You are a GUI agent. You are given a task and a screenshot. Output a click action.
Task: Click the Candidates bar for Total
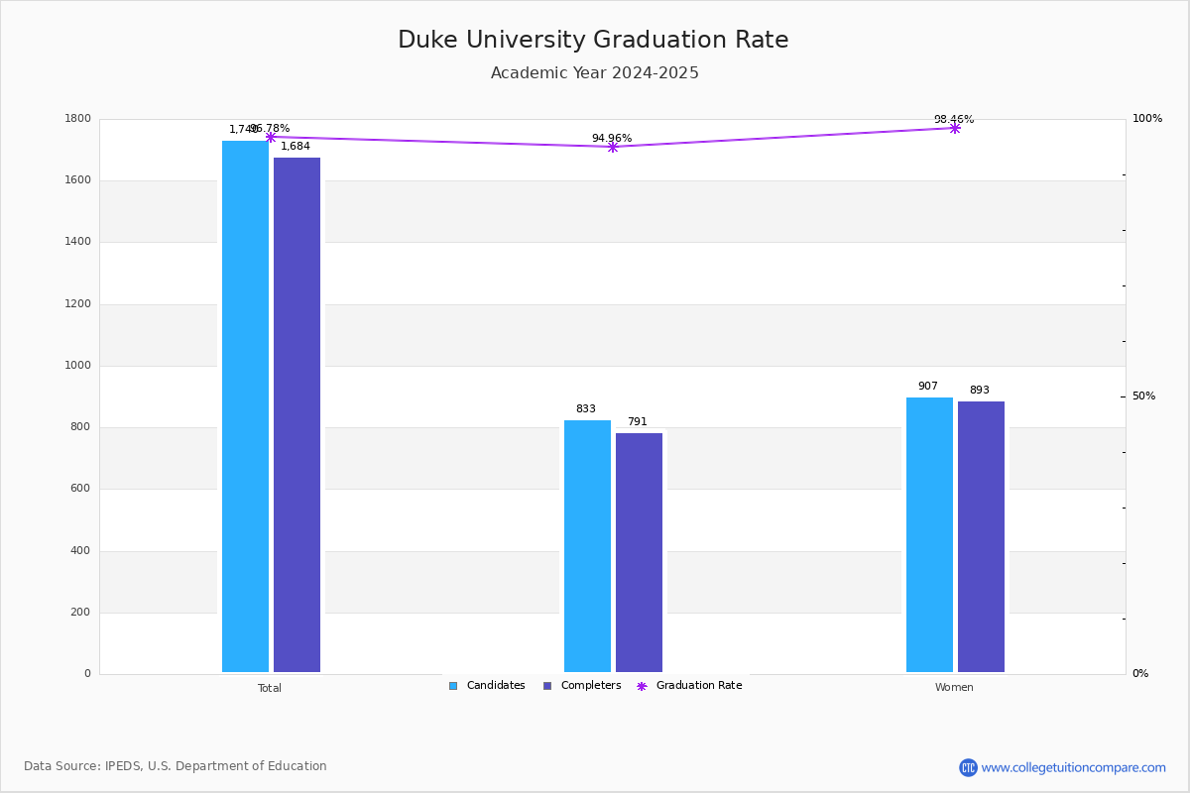[245, 406]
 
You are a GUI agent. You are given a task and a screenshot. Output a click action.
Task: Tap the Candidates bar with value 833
[587, 546]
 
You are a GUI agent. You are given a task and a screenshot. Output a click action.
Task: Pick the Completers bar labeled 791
[639, 552]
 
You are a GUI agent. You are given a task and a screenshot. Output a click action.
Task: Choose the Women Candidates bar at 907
[929, 535]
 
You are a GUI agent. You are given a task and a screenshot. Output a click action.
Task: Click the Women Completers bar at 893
[981, 537]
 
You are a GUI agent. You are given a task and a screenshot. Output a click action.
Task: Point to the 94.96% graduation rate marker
[613, 147]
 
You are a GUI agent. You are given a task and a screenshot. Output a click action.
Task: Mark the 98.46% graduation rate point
[955, 128]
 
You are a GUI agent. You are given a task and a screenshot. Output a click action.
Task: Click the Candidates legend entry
[487, 686]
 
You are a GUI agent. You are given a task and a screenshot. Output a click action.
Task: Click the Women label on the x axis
[954, 688]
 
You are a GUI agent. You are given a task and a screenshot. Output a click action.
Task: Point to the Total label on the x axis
[270, 688]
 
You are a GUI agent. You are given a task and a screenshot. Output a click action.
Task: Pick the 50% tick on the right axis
[1143, 396]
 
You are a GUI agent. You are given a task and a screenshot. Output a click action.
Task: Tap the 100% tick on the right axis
[1146, 119]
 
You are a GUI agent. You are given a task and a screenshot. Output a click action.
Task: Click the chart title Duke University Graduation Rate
[593, 41]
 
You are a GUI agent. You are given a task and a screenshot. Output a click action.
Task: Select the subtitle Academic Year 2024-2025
[595, 73]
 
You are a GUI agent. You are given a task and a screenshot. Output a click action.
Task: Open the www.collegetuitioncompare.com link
[1073, 767]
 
